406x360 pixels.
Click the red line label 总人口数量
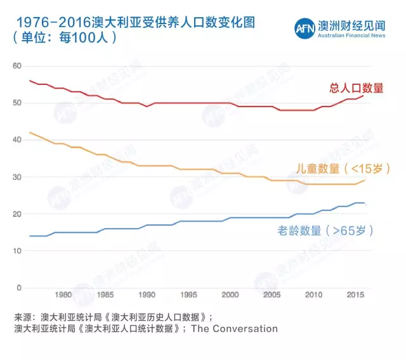coord(357,88)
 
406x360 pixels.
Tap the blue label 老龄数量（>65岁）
coord(324,231)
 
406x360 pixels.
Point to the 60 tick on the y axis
coord(17,66)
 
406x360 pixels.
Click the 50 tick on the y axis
coord(17,103)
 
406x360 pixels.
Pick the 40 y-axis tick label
coord(17,140)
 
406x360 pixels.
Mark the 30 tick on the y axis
coord(17,177)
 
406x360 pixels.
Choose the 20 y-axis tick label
coord(17,214)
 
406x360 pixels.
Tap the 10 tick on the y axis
coord(17,251)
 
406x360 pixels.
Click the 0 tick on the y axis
coord(19,288)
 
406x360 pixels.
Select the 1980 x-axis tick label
coord(63,295)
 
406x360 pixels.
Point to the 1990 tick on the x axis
coord(147,295)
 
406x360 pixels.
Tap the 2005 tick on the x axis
coord(272,295)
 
